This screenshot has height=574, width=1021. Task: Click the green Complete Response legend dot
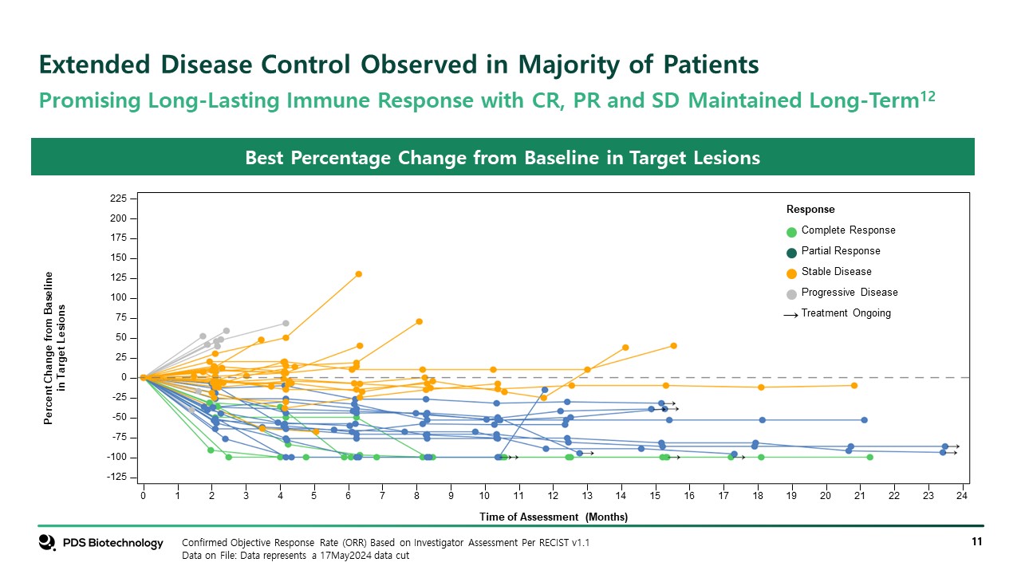[791, 232]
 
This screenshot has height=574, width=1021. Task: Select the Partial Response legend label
[841, 251]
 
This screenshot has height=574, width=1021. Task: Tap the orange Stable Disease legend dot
[791, 273]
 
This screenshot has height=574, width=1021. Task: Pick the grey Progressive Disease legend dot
[791, 294]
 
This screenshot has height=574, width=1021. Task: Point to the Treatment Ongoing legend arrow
[790, 315]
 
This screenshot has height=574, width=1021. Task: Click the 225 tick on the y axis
[117, 199]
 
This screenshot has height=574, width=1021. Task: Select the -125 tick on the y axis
[116, 477]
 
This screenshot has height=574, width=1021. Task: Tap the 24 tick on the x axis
[963, 496]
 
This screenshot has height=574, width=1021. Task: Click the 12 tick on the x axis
[553, 496]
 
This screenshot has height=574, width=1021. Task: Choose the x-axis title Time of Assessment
[553, 517]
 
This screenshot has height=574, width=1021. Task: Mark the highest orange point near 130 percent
[359, 274]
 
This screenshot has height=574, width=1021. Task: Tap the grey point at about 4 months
[286, 324]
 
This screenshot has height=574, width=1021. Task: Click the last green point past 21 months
[869, 457]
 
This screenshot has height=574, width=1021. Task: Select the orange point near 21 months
[853, 385]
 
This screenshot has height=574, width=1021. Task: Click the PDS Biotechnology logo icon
[47, 542]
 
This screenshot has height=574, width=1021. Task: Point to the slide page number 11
[976, 543]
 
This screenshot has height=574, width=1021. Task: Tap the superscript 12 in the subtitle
[928, 96]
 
